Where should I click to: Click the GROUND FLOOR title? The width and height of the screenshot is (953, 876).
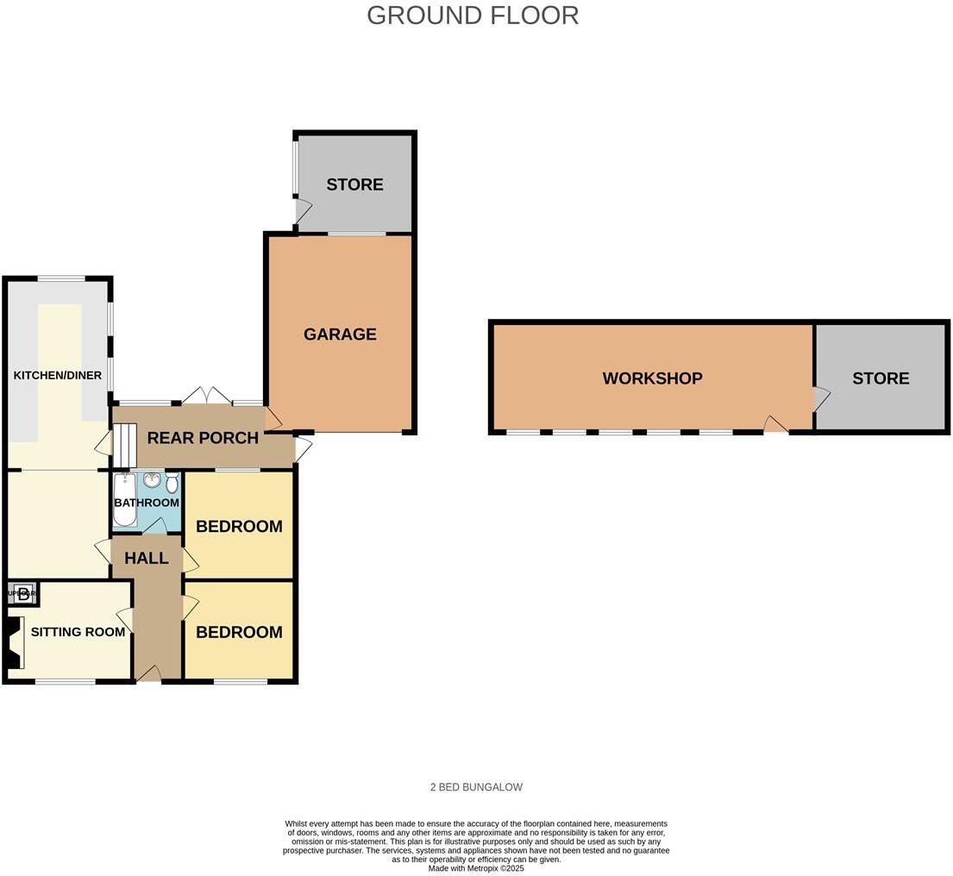[473, 16]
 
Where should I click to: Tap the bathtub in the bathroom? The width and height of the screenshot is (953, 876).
[124, 500]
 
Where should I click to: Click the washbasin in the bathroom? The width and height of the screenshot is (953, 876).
[152, 480]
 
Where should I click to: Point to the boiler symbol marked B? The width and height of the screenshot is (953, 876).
[23, 593]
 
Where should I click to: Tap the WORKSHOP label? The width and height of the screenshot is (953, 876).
[652, 379]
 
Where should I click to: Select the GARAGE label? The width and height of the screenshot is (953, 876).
[340, 335]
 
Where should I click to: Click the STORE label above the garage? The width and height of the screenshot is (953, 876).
[354, 185]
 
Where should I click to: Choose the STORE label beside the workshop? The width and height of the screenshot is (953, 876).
[881, 379]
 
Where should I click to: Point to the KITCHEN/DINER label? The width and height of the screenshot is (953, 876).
[58, 376]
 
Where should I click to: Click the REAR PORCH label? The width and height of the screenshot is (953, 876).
[203, 438]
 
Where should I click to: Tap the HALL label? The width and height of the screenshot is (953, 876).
[147, 559]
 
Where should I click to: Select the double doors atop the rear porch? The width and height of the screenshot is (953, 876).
[207, 397]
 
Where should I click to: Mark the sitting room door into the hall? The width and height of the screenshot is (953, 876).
[126, 619]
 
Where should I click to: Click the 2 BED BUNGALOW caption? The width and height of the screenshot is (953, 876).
[476, 787]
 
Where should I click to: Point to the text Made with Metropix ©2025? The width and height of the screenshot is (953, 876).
[476, 868]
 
